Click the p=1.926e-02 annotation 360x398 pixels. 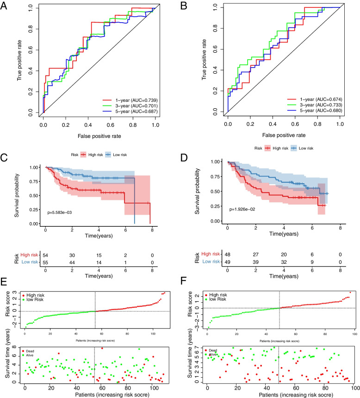249,209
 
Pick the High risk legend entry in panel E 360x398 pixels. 38,296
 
